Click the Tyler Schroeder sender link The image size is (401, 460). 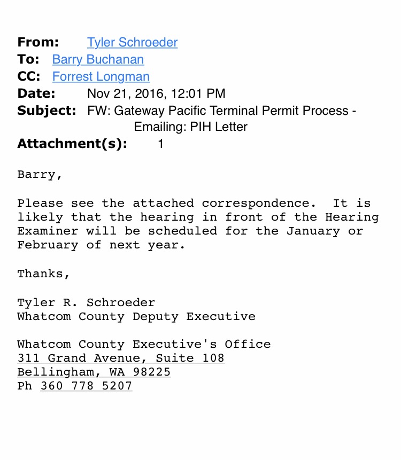click(x=132, y=42)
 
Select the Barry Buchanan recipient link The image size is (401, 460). click(x=98, y=59)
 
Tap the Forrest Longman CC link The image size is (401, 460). click(x=101, y=76)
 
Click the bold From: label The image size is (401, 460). click(x=38, y=42)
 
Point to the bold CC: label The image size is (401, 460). click(x=29, y=76)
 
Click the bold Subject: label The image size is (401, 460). click(x=47, y=111)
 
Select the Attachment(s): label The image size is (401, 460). click(x=72, y=144)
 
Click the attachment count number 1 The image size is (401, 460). click(x=160, y=144)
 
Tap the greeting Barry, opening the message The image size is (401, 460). click(x=40, y=175)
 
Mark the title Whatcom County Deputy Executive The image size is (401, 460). click(x=136, y=316)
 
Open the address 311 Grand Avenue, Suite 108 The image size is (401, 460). click(x=120, y=358)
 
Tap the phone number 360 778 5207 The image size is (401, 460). click(x=86, y=386)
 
